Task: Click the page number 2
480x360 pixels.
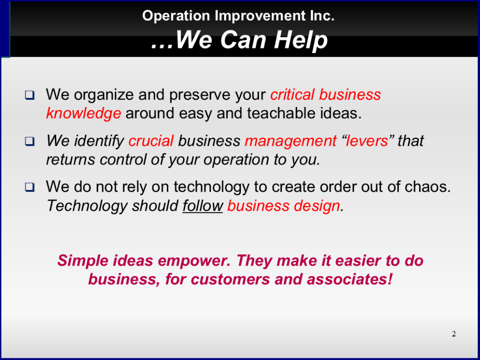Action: pyautogui.click(x=454, y=334)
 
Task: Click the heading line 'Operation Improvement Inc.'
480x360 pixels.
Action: pyautogui.click(x=238, y=15)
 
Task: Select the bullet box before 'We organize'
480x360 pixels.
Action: pyautogui.click(x=30, y=95)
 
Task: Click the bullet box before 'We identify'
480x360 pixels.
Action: pyautogui.click(x=30, y=142)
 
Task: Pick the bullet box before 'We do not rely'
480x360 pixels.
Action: pyautogui.click(x=30, y=187)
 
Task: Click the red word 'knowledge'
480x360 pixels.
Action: pyautogui.click(x=83, y=114)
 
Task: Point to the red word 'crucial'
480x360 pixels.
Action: pyautogui.click(x=151, y=141)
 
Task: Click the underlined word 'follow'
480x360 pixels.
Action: pyautogui.click(x=202, y=206)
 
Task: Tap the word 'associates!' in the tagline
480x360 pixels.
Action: pyautogui.click(x=349, y=279)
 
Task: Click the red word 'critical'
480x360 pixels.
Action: pyautogui.click(x=292, y=95)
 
